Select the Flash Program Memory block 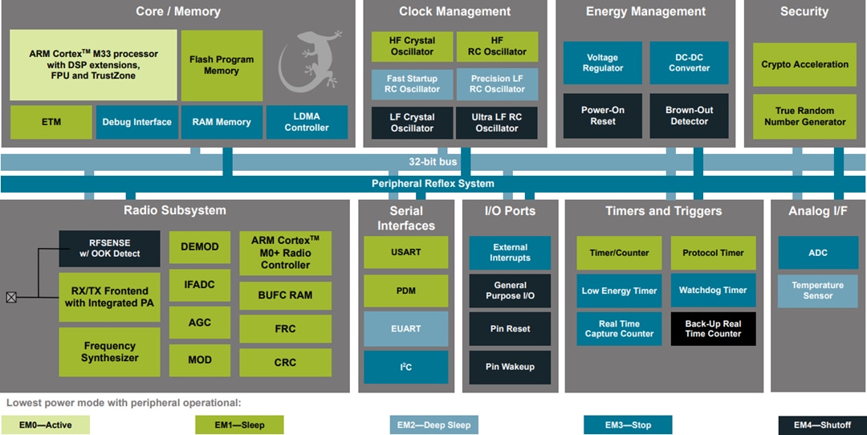tap(222, 65)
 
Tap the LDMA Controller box tap(307, 122)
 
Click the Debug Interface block tap(136, 122)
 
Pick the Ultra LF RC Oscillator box tap(497, 122)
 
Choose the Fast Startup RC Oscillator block tap(412, 84)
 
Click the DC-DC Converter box tap(689, 63)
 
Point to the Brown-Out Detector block tap(689, 116)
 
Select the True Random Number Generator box tap(804, 116)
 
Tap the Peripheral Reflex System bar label tap(433, 184)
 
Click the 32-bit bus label tap(433, 162)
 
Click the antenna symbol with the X tap(11, 297)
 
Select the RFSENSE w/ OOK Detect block tap(109, 248)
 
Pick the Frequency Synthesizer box tap(109, 352)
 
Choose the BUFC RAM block tap(285, 295)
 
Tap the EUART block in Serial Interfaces tap(405, 328)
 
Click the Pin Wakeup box tap(510, 367)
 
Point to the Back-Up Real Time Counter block tap(713, 328)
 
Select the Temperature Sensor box tap(817, 291)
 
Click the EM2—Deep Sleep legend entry tap(433, 425)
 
